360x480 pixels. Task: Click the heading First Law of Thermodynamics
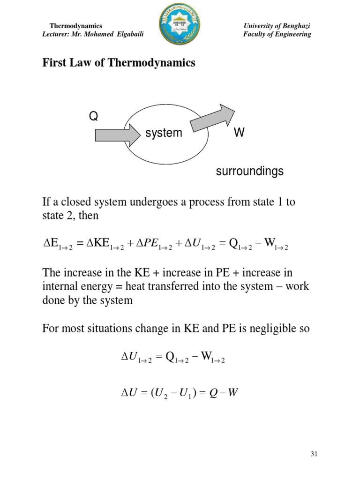(x=119, y=63)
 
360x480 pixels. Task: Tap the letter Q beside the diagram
(x=94, y=116)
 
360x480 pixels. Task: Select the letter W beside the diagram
(x=239, y=133)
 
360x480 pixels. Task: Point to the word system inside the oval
(x=164, y=133)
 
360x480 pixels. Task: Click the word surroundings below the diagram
(x=249, y=172)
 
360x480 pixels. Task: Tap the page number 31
(x=314, y=454)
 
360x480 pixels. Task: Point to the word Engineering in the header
(x=293, y=34)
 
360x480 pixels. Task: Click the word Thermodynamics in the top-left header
(x=75, y=26)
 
